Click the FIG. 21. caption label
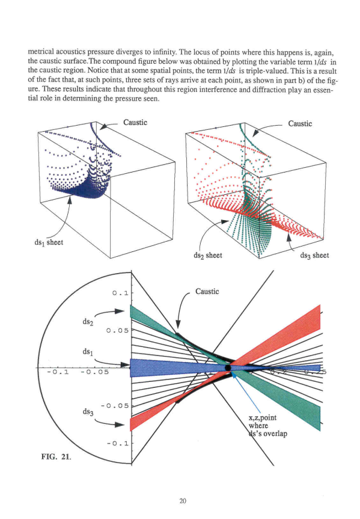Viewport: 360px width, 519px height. click(x=56, y=457)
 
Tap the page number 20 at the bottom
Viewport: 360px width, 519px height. click(x=183, y=501)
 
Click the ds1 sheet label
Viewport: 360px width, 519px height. click(x=49, y=242)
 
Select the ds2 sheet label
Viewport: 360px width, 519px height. click(x=208, y=256)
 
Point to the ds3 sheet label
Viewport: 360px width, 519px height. click(x=314, y=256)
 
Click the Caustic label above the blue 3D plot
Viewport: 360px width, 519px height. click(x=135, y=123)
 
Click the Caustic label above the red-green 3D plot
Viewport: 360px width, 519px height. click(x=300, y=123)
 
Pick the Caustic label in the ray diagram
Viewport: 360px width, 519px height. click(x=207, y=291)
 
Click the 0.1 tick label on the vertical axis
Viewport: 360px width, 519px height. click(x=120, y=293)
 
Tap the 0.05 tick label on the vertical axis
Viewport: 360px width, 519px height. click(x=117, y=330)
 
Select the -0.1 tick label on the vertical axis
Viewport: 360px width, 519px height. click(x=117, y=443)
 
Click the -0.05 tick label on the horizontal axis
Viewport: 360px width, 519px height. click(x=94, y=372)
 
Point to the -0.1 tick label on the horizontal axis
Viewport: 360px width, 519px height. click(x=58, y=372)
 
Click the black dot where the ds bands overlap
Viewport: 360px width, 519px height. click(x=228, y=367)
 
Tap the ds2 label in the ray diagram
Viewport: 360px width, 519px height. click(x=88, y=321)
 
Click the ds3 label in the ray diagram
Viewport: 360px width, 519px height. click(x=88, y=412)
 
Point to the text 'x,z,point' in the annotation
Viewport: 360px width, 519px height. click(x=263, y=418)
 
